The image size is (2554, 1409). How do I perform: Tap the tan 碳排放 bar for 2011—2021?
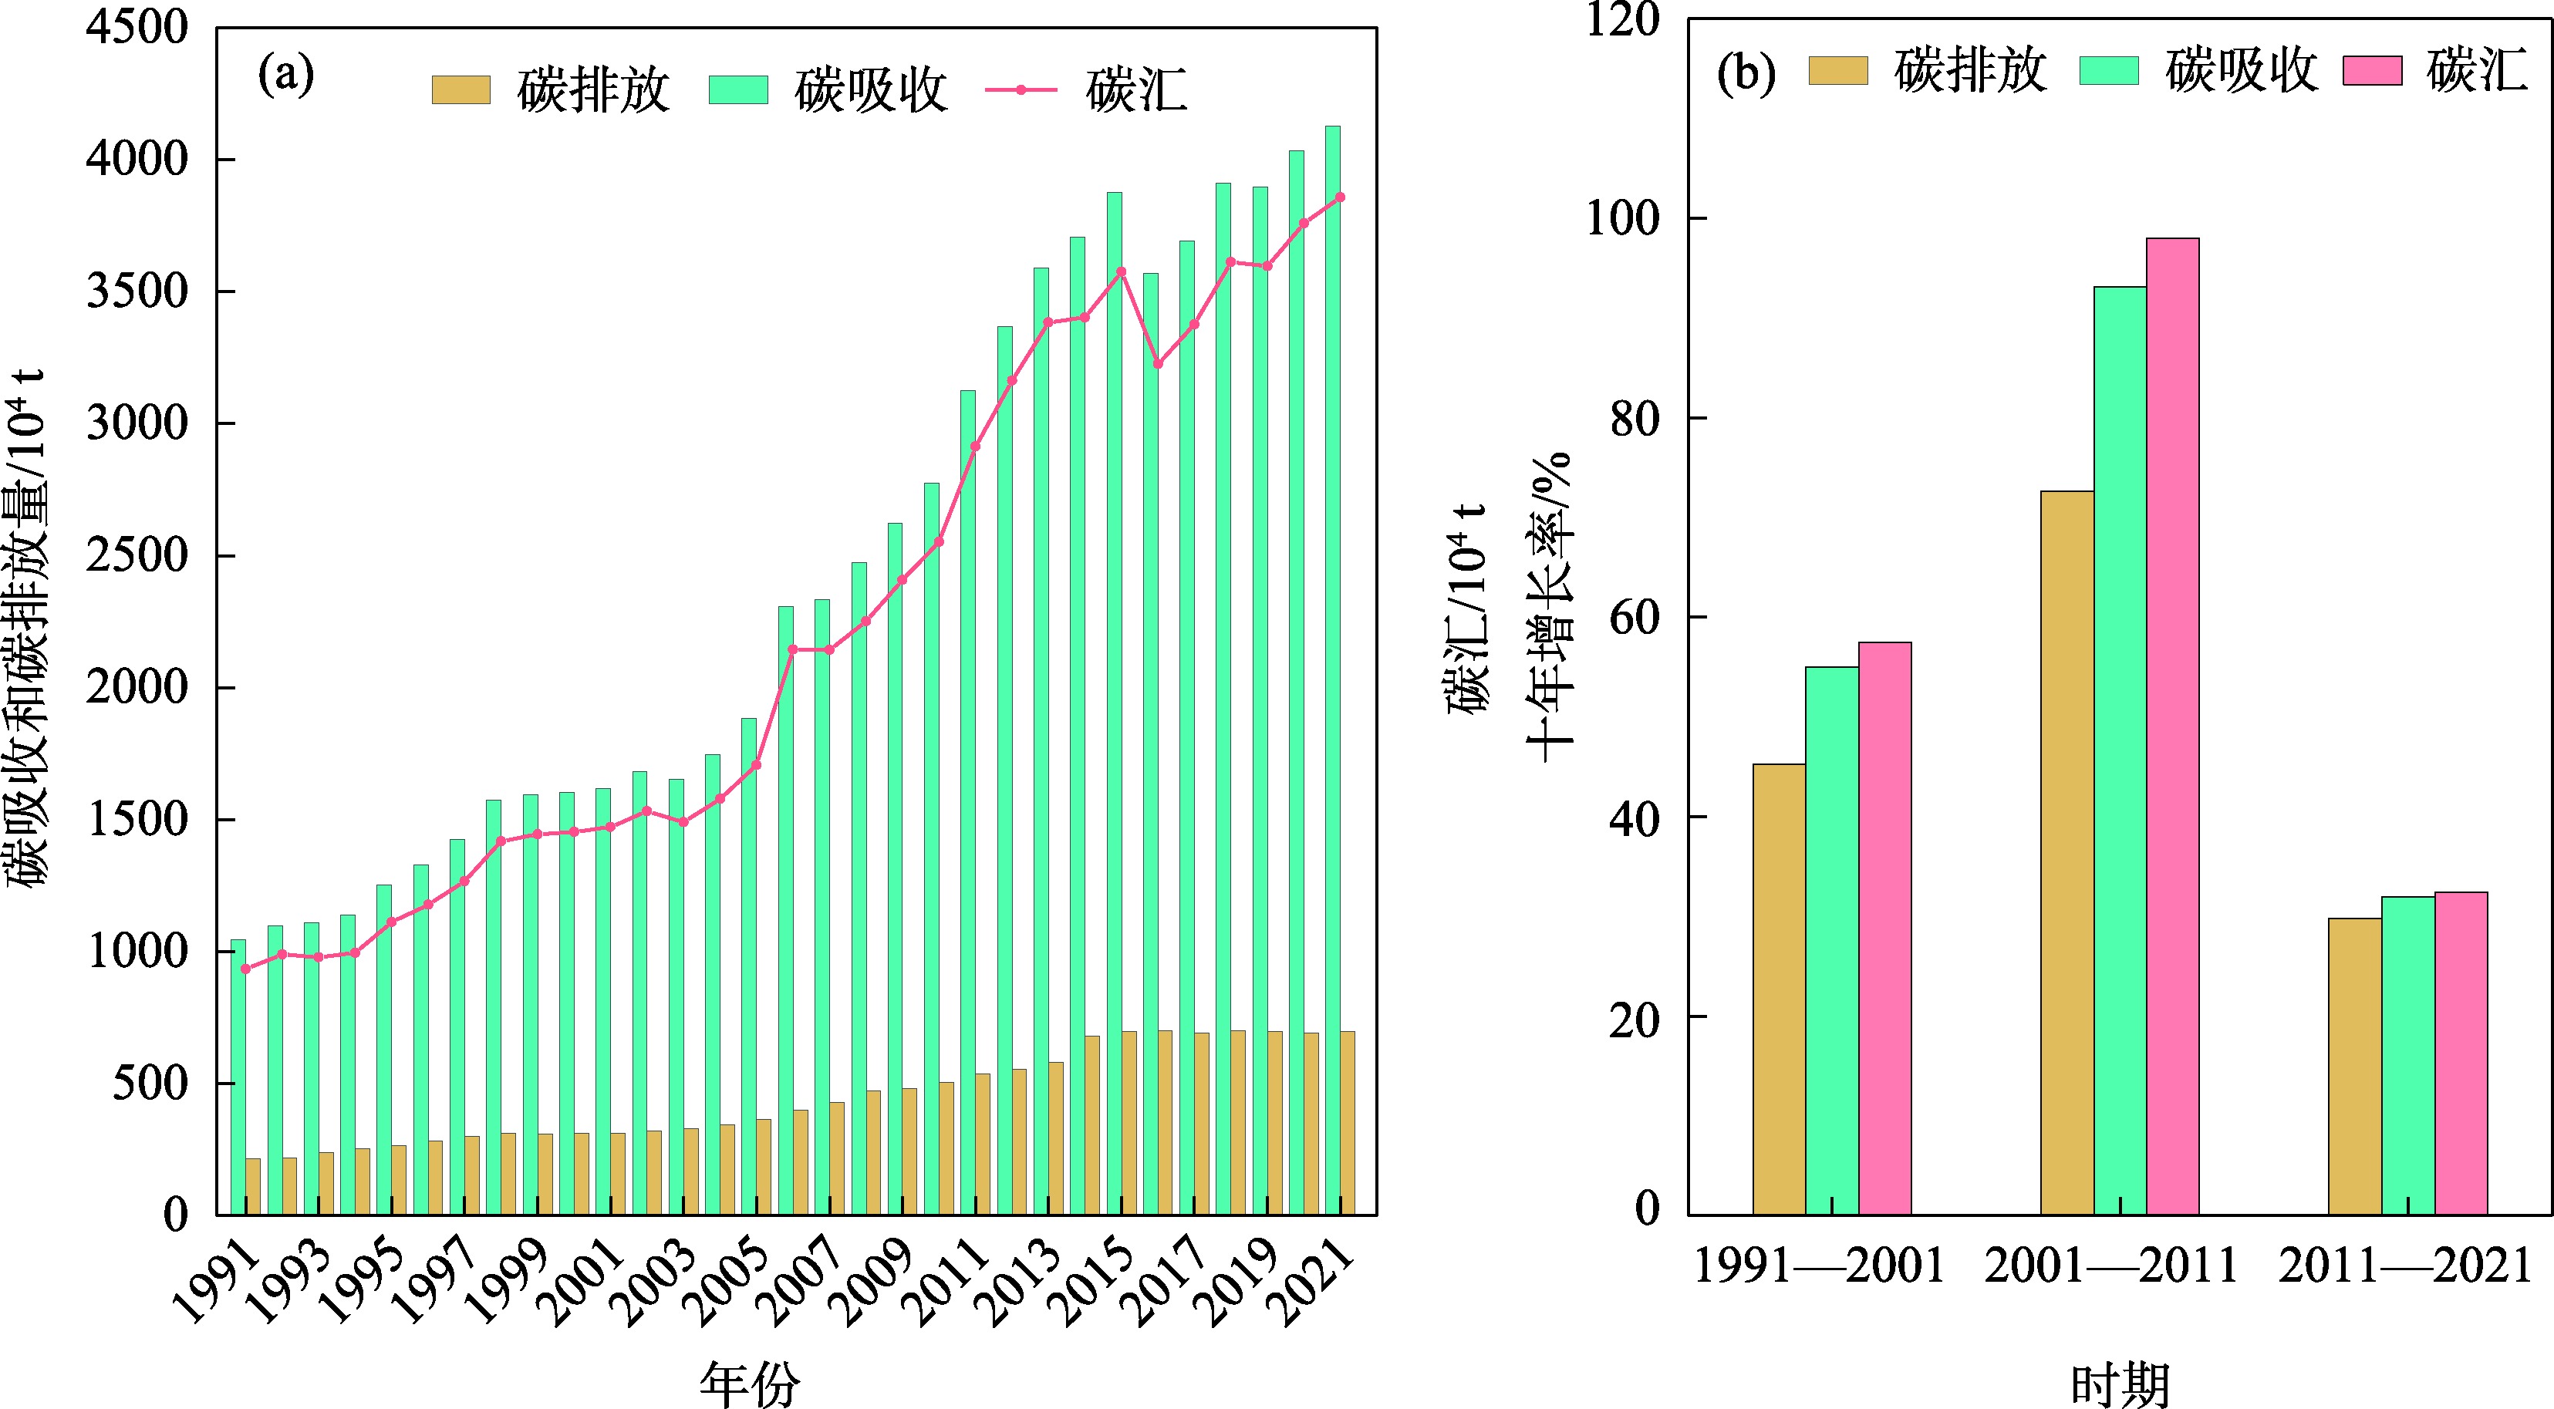[2355, 1066]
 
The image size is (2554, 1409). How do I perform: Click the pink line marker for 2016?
[1158, 364]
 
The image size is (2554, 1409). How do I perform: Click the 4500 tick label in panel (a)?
[137, 29]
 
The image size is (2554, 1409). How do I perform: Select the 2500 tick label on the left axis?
[137, 556]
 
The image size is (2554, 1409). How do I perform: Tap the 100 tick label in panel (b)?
[1623, 219]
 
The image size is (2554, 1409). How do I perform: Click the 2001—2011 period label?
[2110, 1267]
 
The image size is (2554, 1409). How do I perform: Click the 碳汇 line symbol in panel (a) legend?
[1021, 90]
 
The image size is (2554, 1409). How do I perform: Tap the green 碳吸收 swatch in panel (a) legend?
[737, 90]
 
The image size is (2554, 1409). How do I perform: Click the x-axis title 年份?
[750, 1384]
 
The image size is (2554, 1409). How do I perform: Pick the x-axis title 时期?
[2120, 1384]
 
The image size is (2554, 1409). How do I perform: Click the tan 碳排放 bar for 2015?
[1129, 1122]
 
